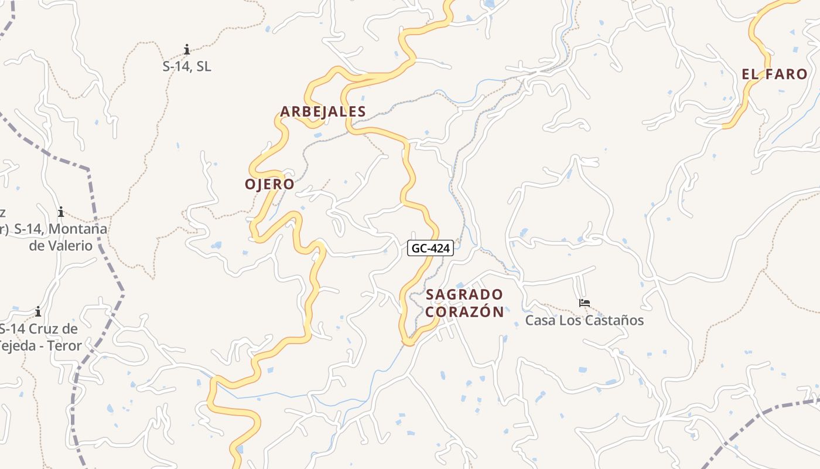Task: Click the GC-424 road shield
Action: [x=430, y=248]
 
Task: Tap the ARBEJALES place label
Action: [x=323, y=111]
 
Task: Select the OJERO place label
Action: [x=269, y=184]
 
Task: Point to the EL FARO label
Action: [x=774, y=74]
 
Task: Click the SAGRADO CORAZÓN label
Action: [x=464, y=303]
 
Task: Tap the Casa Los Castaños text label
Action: [x=584, y=320]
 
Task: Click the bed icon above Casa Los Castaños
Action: [x=584, y=303]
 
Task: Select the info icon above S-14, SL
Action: [x=187, y=49]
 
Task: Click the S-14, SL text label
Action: [x=187, y=67]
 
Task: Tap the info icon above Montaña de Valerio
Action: [x=60, y=212]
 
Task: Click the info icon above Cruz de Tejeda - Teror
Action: [x=38, y=311]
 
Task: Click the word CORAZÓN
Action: [x=464, y=312]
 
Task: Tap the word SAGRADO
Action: [x=464, y=294]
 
